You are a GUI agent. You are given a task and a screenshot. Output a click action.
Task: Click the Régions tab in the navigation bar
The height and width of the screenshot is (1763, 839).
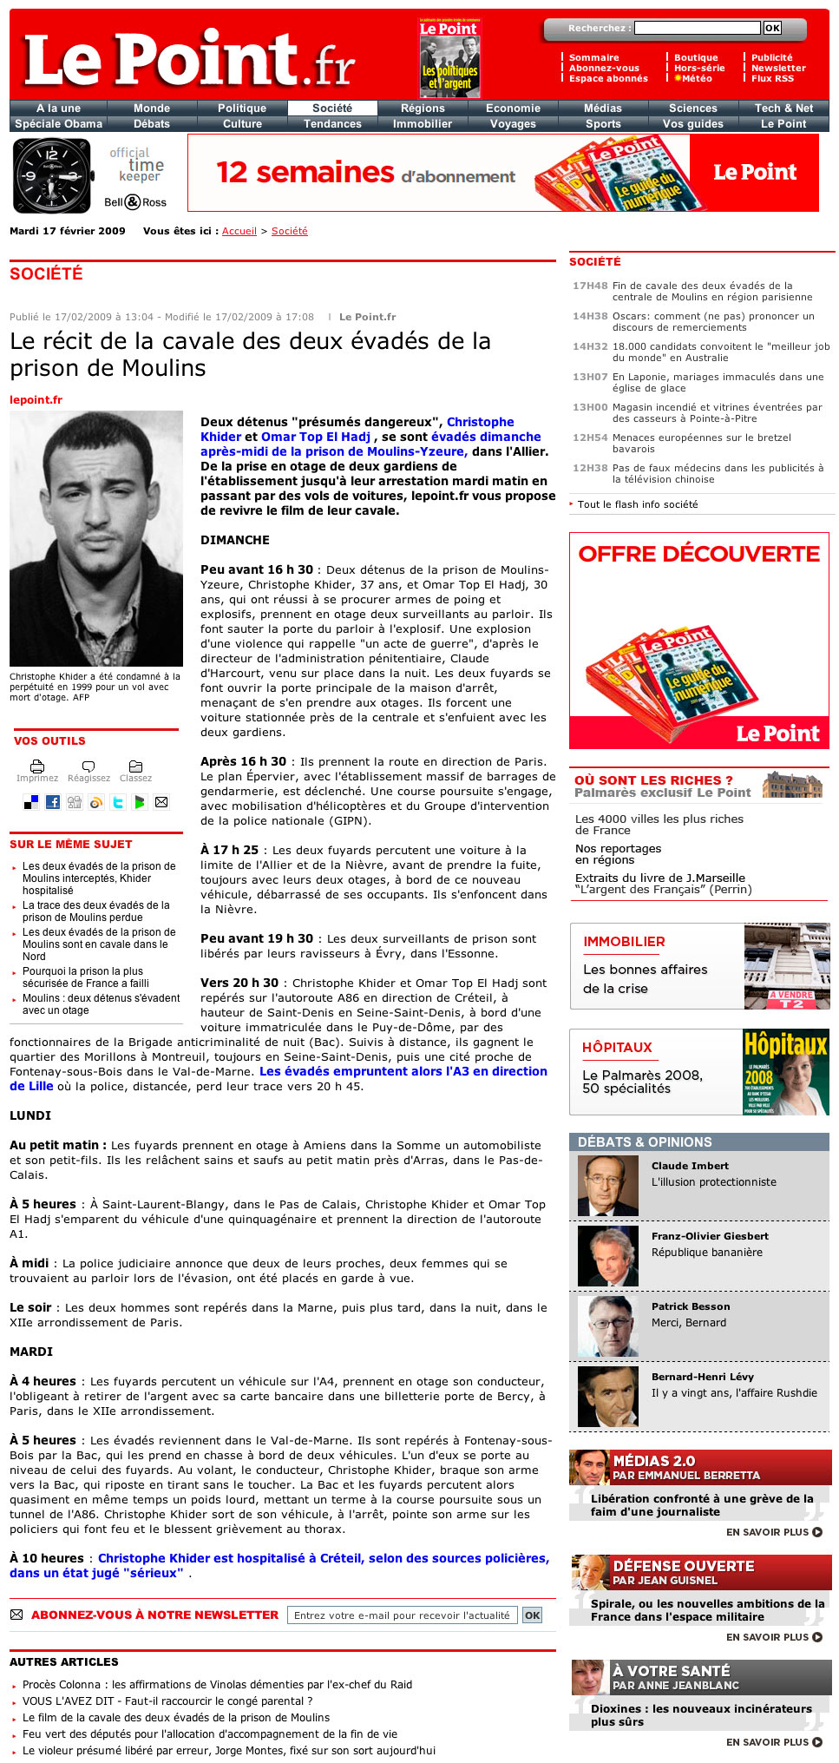(423, 109)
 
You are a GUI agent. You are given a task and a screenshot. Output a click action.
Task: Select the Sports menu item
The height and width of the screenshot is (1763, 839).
(603, 124)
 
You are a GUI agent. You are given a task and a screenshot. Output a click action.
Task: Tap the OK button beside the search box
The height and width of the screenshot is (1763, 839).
(772, 29)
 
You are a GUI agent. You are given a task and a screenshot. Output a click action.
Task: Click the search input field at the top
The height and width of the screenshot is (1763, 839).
(697, 29)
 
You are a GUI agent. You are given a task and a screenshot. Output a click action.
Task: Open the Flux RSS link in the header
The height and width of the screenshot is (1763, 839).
(772, 79)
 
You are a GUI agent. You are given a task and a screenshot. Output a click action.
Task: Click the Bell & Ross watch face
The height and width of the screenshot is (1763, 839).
(52, 175)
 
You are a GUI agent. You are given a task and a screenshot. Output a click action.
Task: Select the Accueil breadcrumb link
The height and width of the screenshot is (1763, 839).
(239, 232)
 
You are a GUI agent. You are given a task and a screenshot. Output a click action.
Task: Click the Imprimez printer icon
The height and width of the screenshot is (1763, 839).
(37, 766)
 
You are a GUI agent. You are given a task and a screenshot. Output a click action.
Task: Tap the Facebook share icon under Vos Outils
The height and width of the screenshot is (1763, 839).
(53, 802)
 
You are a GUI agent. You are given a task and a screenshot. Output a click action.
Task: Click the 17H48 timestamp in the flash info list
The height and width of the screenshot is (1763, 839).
(590, 286)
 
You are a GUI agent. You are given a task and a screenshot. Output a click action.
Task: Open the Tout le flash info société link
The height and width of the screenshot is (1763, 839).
(637, 504)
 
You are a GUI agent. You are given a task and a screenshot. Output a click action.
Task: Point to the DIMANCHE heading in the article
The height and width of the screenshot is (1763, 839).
(235, 540)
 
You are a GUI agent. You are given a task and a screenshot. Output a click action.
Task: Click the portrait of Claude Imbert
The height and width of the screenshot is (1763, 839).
(608, 1186)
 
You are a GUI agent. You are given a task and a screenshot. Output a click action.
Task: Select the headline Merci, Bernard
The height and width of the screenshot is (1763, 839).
(689, 1323)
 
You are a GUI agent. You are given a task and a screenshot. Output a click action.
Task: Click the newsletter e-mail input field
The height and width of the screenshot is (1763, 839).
(402, 1615)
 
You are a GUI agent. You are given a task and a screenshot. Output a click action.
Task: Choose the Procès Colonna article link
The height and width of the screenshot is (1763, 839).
(217, 1685)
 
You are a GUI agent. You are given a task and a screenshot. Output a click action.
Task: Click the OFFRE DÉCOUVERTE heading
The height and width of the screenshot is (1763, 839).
(698, 554)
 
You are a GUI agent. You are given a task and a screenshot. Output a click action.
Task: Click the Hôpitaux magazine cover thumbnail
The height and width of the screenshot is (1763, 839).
(785, 1072)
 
